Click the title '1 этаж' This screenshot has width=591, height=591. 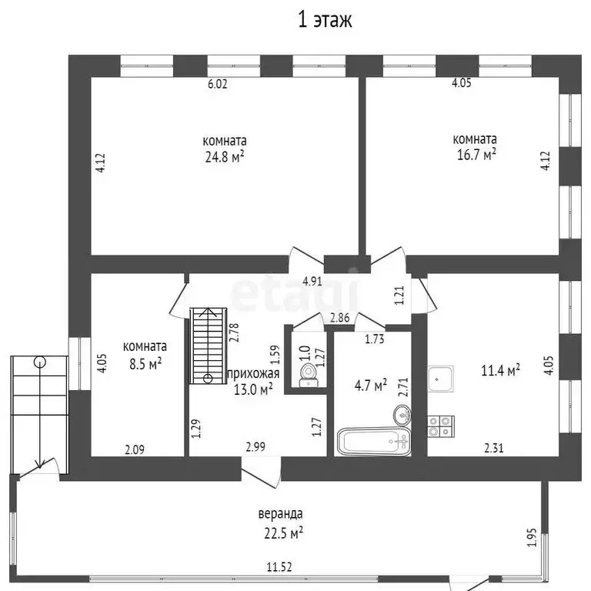coord(325,20)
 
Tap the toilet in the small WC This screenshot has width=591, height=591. coord(309,375)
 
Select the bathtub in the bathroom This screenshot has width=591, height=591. coord(373,441)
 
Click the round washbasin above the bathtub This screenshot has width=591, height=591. coord(402,415)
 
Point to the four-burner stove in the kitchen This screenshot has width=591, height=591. coord(441,426)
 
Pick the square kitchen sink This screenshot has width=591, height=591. coord(441,379)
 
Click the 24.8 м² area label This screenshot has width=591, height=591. coord(225,156)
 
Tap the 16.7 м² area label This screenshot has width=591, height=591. coord(476,155)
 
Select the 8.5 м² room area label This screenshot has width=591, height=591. coord(145,364)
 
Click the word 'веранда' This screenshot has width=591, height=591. coord(280,514)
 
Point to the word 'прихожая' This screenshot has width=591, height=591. coord(254,373)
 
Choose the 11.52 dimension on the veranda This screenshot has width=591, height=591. coord(279,567)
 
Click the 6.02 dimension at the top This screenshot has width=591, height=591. coord(218,84)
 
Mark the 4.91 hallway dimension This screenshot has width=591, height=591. coord(312,281)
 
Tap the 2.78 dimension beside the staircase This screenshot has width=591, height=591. coord(234,332)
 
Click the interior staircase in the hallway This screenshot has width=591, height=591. coord(209,346)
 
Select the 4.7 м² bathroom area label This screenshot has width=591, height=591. coord(371,386)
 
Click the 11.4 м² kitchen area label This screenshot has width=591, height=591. coord(500,370)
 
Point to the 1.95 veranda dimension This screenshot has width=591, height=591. coord(531,537)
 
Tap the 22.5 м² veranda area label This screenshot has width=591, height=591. coord(283,533)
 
